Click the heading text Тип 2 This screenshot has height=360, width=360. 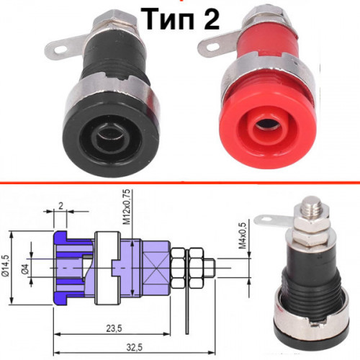pos(180,19)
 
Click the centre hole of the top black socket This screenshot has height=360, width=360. pos(111,137)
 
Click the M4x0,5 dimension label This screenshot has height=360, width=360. pos(243,235)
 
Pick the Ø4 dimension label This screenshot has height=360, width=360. pos(26,269)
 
